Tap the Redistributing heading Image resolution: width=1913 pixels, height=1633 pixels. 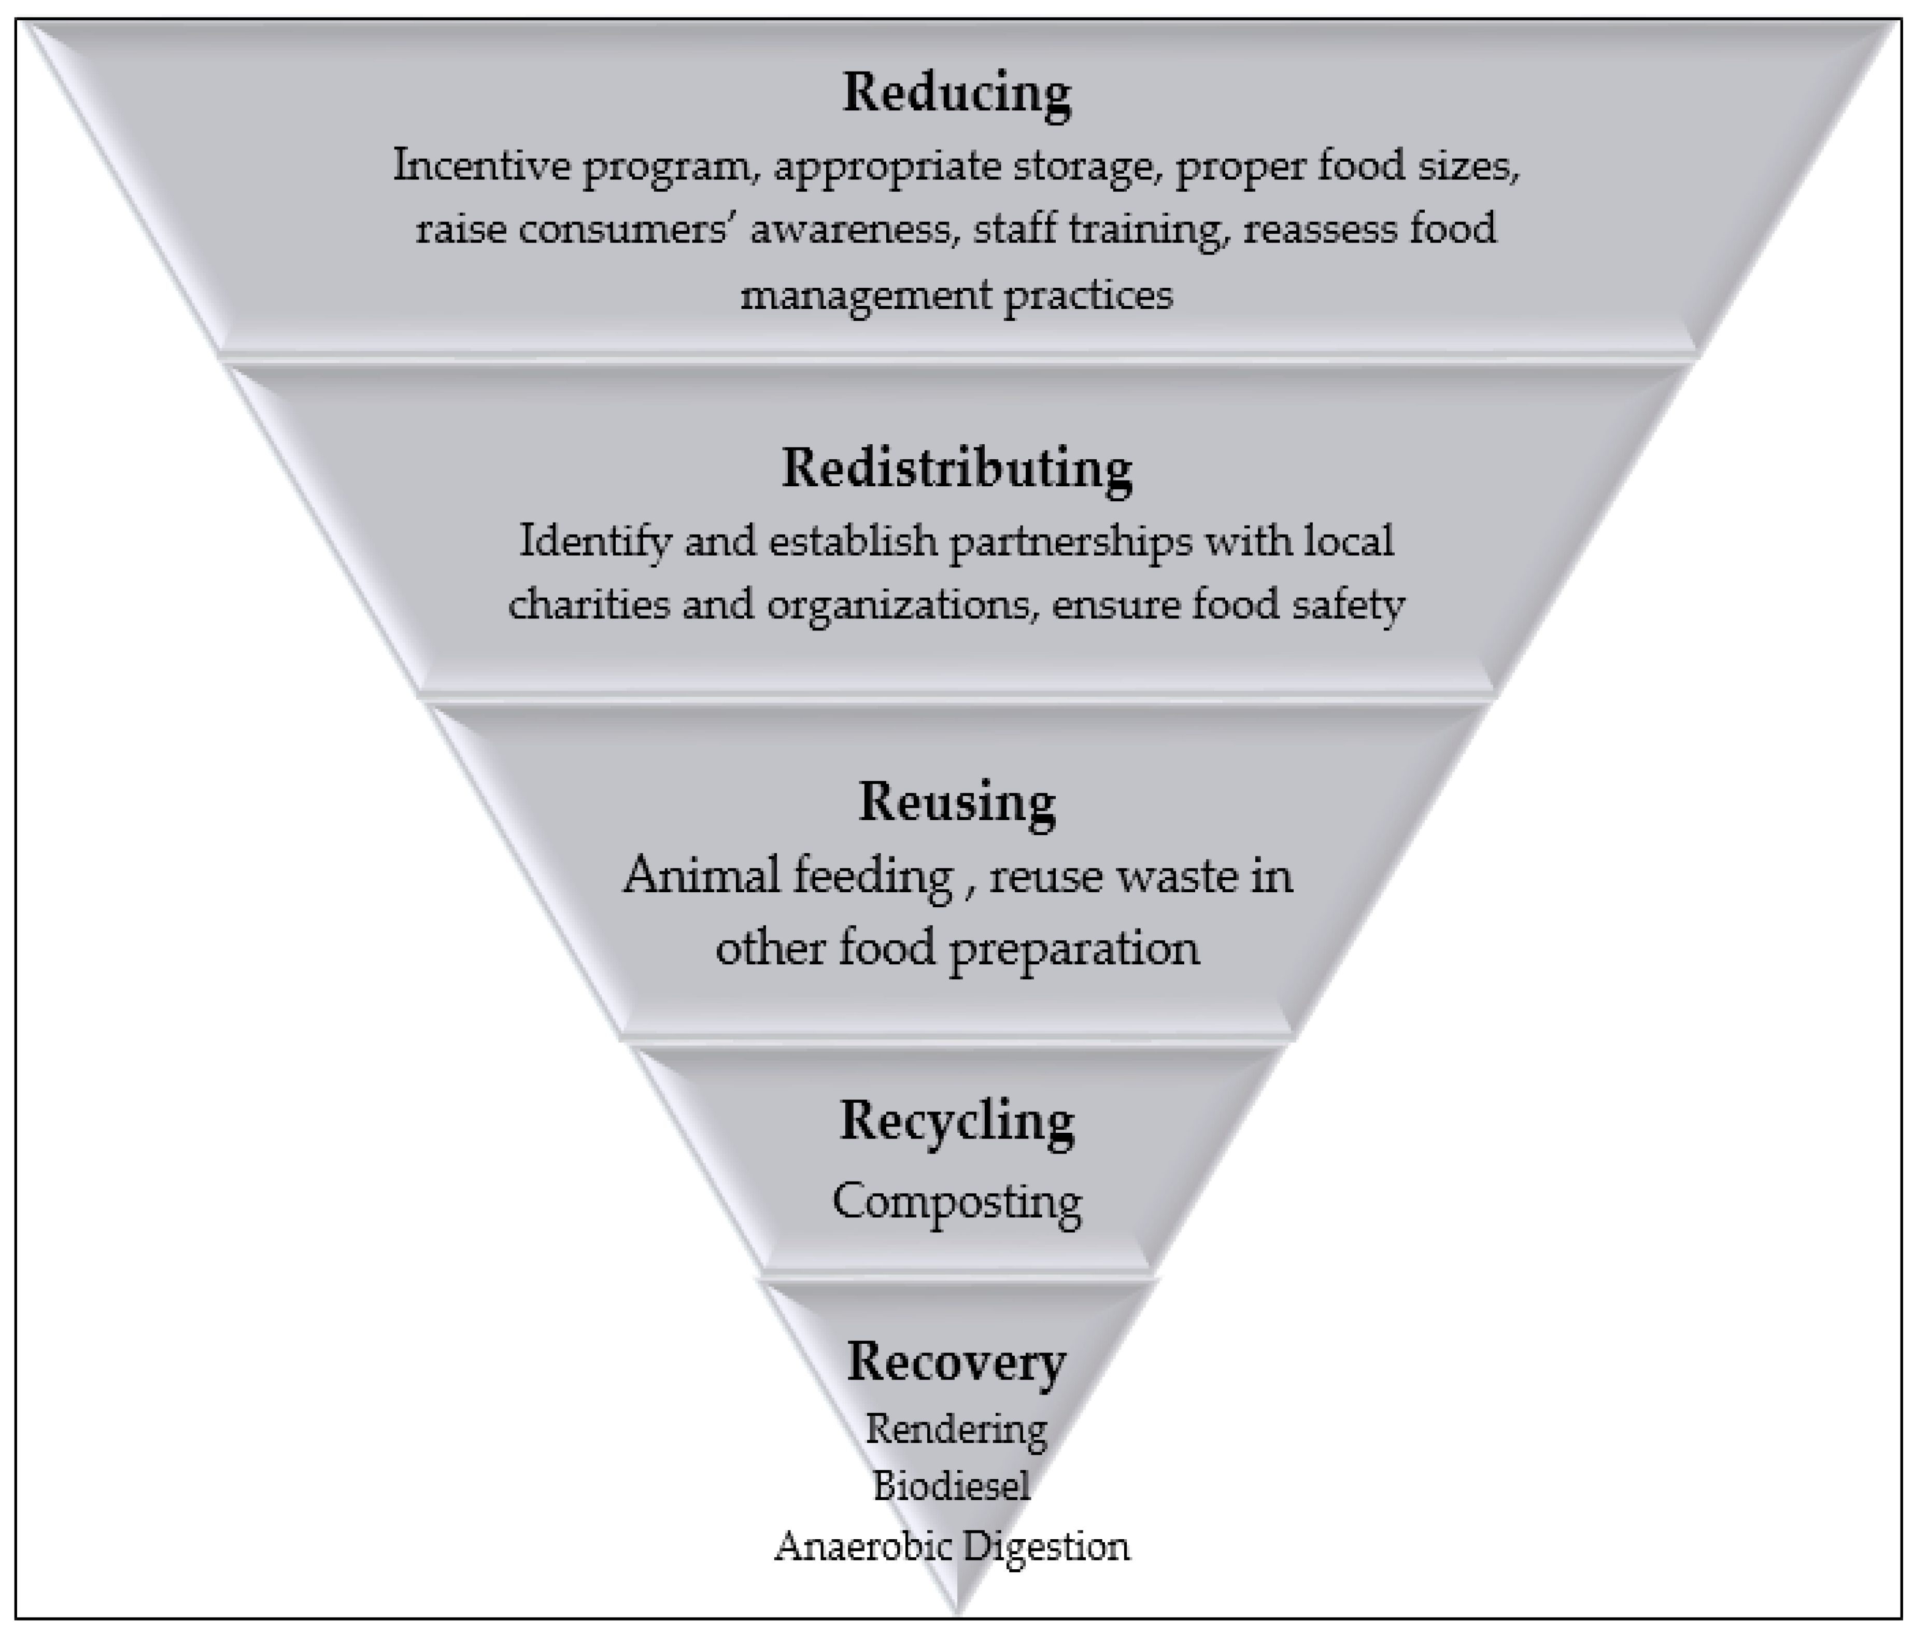pyautogui.click(x=957, y=468)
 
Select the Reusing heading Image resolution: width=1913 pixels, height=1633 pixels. pyautogui.click(x=957, y=801)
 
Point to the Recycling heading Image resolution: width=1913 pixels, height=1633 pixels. pyautogui.click(x=957, y=1121)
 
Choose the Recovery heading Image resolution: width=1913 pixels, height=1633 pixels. pyautogui.click(x=957, y=1361)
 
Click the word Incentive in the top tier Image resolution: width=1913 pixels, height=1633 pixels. pyautogui.click(x=479, y=166)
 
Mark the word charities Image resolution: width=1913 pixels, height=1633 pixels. pyautogui.click(x=588, y=605)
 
